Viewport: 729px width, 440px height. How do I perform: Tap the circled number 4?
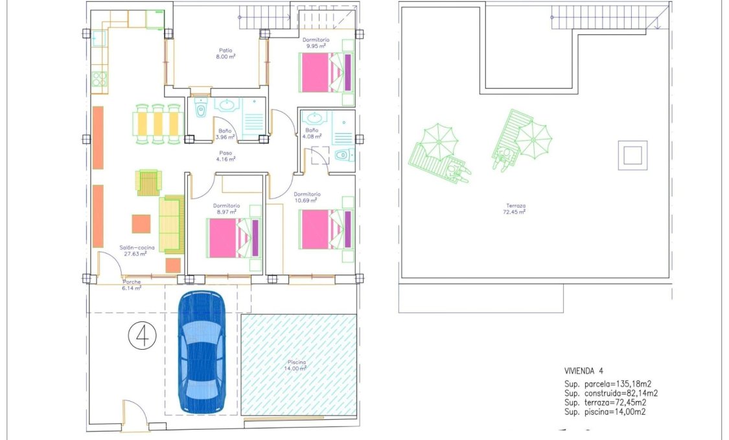pos(142,336)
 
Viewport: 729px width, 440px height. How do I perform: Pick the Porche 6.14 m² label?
pos(132,285)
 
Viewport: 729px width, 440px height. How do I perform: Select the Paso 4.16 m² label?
pos(226,156)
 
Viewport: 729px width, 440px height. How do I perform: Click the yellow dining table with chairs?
pos(156,123)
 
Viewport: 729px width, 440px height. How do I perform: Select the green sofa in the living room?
pos(172,225)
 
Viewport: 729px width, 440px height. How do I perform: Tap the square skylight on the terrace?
pos(632,155)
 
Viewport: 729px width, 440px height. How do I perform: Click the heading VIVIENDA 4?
pos(584,371)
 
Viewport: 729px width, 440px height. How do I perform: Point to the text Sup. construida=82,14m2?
pos(611,393)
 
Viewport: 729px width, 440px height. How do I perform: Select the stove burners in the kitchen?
pos(99,80)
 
